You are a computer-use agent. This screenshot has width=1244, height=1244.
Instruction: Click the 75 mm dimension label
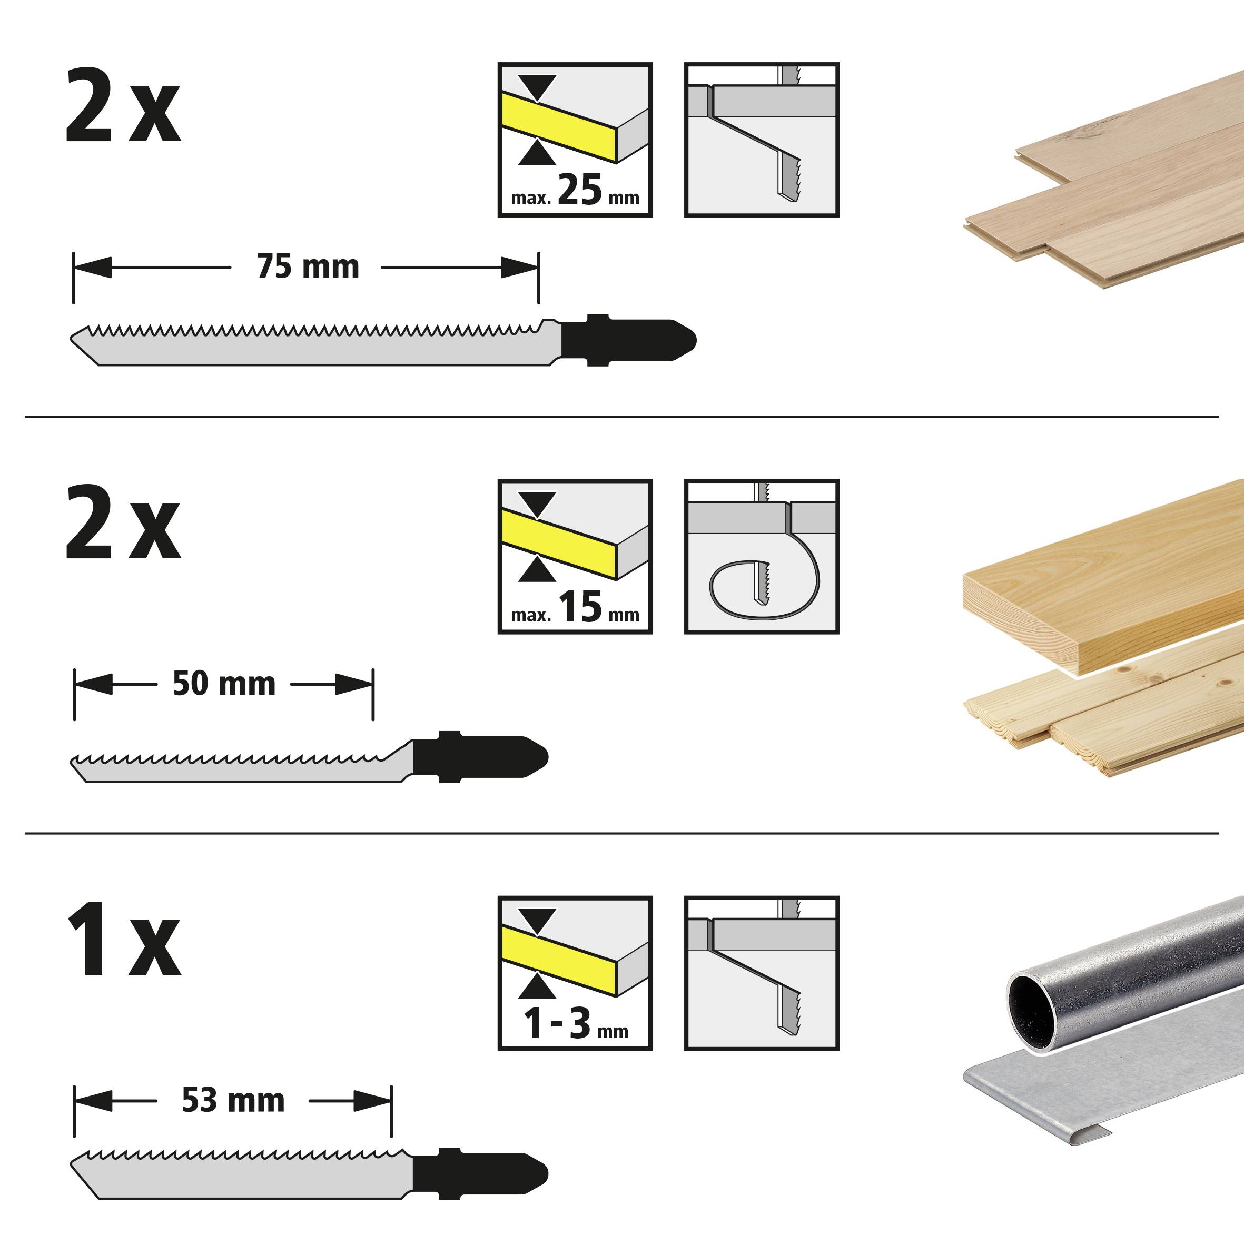pyautogui.click(x=308, y=267)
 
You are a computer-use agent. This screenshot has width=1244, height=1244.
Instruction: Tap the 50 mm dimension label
pyautogui.click(x=223, y=684)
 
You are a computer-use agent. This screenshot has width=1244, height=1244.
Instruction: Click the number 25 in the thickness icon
pyautogui.click(x=579, y=191)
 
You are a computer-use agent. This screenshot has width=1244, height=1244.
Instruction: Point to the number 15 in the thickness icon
pyautogui.click(x=579, y=607)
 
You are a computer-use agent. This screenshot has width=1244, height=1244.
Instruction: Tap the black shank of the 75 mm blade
pyautogui.click(x=625, y=340)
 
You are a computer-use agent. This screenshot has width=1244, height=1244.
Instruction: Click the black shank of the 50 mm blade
pyautogui.click(x=477, y=757)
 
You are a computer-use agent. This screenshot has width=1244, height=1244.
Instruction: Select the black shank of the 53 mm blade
pyautogui.click(x=477, y=1173)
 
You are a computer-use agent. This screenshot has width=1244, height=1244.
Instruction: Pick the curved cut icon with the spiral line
pyautogui.click(x=762, y=556)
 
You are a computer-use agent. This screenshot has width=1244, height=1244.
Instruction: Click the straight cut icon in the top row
pyautogui.click(x=762, y=140)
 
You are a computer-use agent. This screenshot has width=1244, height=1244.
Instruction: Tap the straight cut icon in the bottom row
pyautogui.click(x=762, y=973)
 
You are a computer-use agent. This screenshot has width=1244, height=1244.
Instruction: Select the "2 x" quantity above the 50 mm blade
pyautogui.click(x=122, y=525)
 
